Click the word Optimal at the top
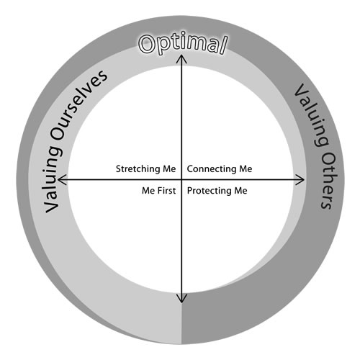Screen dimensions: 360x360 (x=183, y=45)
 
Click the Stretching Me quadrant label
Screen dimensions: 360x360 (x=145, y=169)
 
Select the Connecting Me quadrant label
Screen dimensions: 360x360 (x=220, y=169)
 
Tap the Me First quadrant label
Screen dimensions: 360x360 (x=158, y=191)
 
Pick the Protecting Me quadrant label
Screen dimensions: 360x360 (x=217, y=191)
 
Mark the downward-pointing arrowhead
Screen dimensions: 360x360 (x=181, y=299)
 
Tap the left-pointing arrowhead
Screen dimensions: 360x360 (x=61, y=179)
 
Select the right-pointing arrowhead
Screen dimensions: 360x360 (x=301, y=179)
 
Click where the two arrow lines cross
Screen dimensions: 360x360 (x=181, y=179)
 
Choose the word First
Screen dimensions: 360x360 (x=167, y=191)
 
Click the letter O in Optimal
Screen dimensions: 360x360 (x=147, y=45)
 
